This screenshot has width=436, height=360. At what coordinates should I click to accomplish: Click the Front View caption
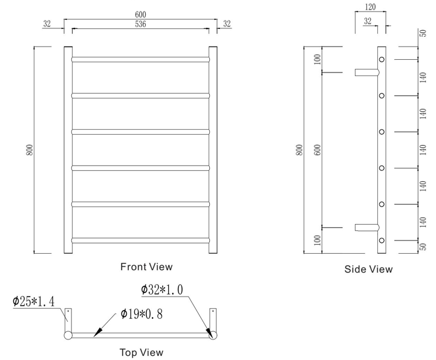pyautogui.click(x=146, y=266)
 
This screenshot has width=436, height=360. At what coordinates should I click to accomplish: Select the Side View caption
pyautogui.click(x=368, y=269)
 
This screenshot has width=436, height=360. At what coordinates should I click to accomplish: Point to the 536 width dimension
pyautogui.click(x=140, y=24)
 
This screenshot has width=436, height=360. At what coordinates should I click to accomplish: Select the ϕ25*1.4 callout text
pyautogui.click(x=34, y=301)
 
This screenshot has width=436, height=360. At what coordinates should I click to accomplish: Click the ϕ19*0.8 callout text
pyautogui.click(x=141, y=314)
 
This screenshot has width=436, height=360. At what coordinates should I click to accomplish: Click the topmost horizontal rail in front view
pyautogui.click(x=140, y=59)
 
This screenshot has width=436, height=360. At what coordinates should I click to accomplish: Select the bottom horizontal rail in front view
pyautogui.click(x=140, y=240)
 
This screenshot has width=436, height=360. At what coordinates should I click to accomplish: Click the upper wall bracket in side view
pyautogui.click(x=366, y=72)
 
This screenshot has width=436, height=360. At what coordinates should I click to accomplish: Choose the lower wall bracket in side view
pyautogui.click(x=366, y=228)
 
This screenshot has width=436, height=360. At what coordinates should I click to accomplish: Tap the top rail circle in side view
pyautogui.click(x=382, y=59)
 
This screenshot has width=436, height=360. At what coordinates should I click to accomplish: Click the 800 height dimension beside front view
pyautogui.click(x=28, y=150)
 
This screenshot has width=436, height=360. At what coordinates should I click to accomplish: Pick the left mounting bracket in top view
pyautogui.click(x=68, y=318)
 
